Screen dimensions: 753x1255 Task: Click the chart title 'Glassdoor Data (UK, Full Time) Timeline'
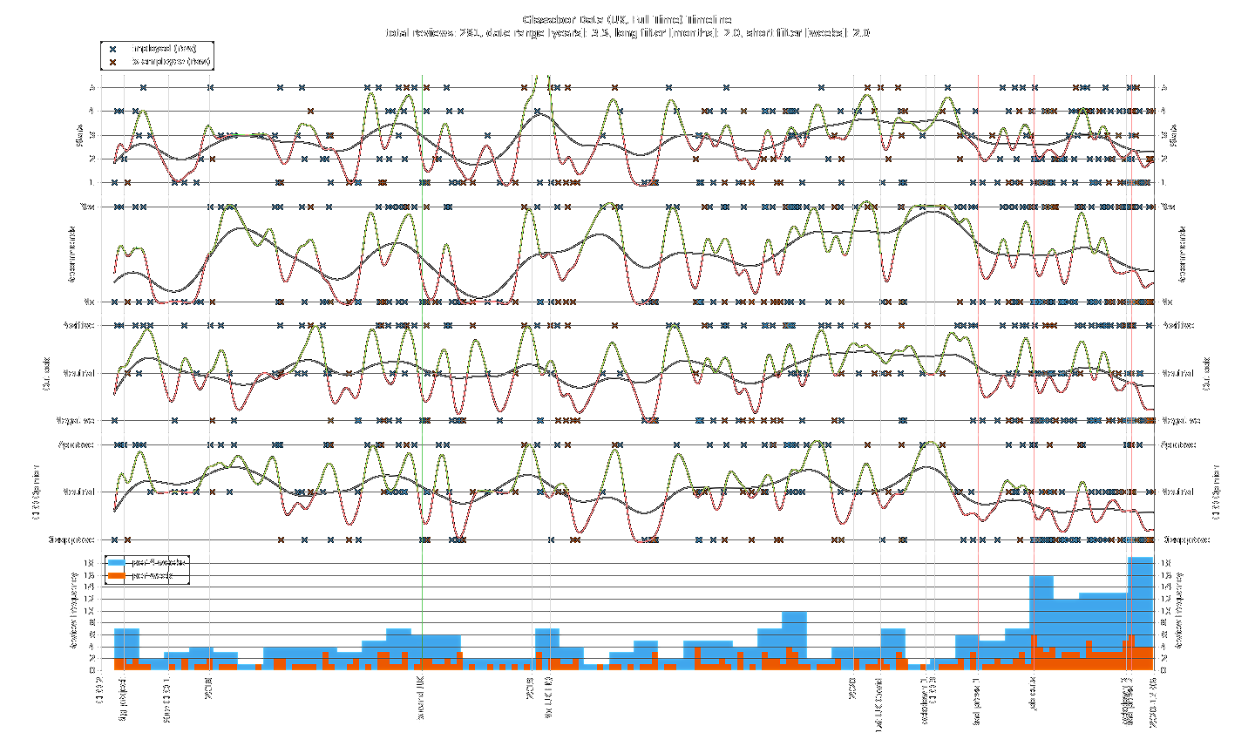click(x=627, y=20)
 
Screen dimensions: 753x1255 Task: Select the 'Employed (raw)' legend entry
click(x=162, y=49)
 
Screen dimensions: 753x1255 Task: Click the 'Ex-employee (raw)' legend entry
click(x=168, y=62)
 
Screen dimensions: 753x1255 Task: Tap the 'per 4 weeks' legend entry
click(x=158, y=563)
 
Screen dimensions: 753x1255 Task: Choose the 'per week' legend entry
click(x=152, y=576)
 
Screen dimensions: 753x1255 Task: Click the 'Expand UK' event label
click(x=421, y=700)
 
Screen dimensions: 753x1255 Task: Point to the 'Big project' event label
click(x=123, y=700)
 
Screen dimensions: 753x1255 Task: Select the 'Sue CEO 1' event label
click(x=167, y=699)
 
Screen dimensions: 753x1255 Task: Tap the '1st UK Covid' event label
click(x=879, y=704)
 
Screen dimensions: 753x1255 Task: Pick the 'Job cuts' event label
click(x=1034, y=694)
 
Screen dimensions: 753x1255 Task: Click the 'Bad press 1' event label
click(x=977, y=702)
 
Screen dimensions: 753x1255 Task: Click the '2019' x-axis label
click(x=531, y=688)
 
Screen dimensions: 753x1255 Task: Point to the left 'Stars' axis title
click(x=80, y=135)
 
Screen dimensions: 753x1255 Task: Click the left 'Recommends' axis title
click(x=73, y=254)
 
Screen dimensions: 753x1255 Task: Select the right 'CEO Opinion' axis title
click(x=1217, y=492)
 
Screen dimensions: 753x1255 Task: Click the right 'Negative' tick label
click(x=1180, y=421)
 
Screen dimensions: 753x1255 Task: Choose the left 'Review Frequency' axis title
click(x=74, y=611)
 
